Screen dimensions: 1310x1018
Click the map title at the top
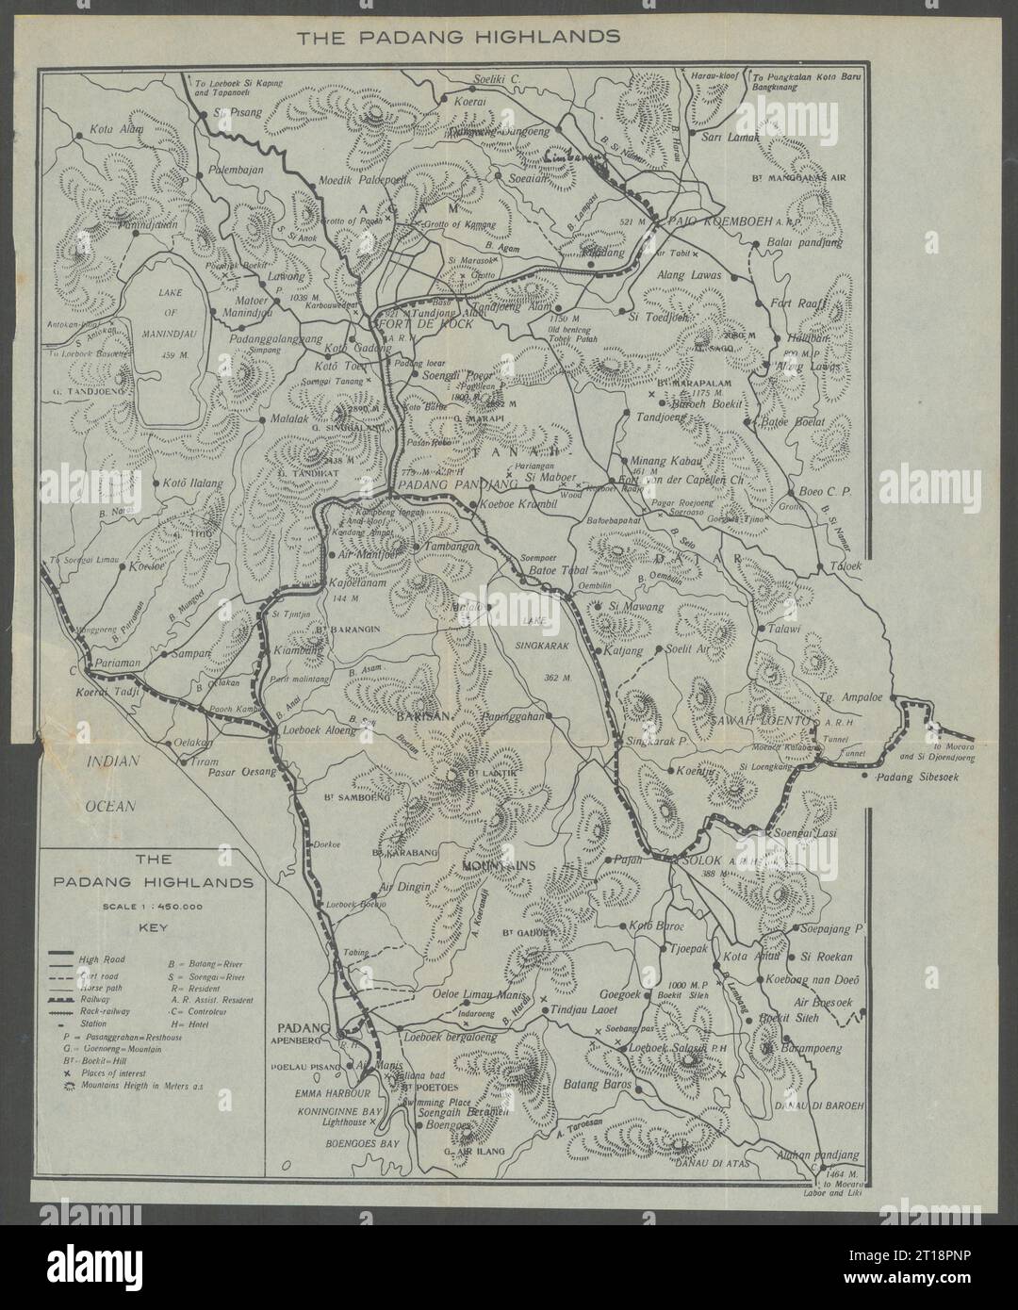point(457,39)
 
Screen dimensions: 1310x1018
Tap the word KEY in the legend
point(152,926)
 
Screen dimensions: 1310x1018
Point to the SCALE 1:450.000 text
point(152,906)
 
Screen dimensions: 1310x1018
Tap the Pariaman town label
point(116,664)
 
